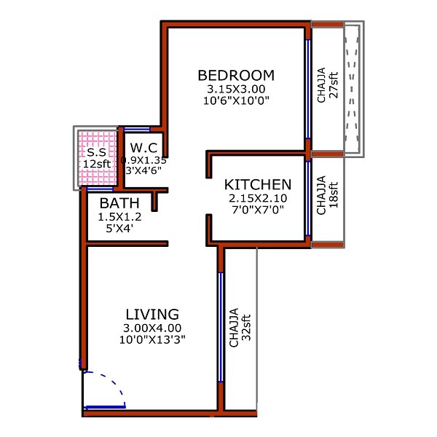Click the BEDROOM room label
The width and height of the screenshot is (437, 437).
[236, 75]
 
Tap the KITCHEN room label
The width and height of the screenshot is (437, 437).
[258, 184]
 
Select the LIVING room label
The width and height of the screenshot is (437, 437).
[152, 314]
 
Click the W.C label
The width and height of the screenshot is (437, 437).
[144, 148]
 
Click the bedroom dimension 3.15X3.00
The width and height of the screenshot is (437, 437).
[236, 89]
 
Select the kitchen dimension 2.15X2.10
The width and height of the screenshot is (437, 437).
[258, 198]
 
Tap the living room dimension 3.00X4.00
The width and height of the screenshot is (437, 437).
[152, 328]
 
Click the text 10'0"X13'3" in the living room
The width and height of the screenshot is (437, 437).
[152, 339]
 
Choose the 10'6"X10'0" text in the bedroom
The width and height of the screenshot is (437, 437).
[237, 101]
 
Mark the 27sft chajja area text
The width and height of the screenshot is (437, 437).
[334, 85]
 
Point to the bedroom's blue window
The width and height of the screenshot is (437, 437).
[308, 89]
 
